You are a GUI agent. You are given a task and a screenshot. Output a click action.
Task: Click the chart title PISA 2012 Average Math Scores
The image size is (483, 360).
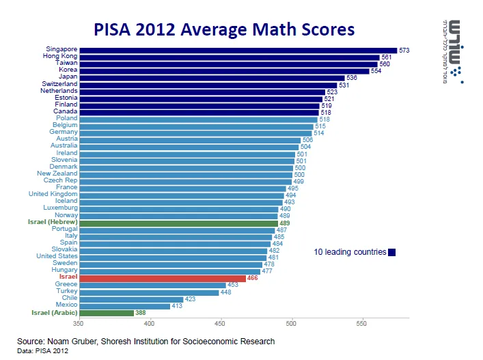(225, 29)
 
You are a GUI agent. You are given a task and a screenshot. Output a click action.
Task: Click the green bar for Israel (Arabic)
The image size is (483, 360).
(106, 313)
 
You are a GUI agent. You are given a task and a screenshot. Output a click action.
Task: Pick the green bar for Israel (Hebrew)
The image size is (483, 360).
(178, 223)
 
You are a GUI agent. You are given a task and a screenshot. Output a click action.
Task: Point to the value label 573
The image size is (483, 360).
(404, 50)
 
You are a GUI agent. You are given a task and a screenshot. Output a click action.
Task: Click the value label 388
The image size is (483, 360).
(141, 313)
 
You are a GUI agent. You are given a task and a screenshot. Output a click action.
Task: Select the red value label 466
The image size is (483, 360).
(253, 278)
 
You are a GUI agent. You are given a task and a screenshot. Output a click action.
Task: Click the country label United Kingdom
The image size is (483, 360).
(53, 195)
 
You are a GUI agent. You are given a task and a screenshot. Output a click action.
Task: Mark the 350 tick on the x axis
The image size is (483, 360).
(79, 324)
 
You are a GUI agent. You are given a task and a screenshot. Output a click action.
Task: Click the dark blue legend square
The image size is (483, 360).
(392, 252)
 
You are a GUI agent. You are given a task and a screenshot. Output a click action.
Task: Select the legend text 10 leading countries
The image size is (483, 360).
(350, 252)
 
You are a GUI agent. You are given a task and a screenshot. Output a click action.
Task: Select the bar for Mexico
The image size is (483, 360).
(124, 306)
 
